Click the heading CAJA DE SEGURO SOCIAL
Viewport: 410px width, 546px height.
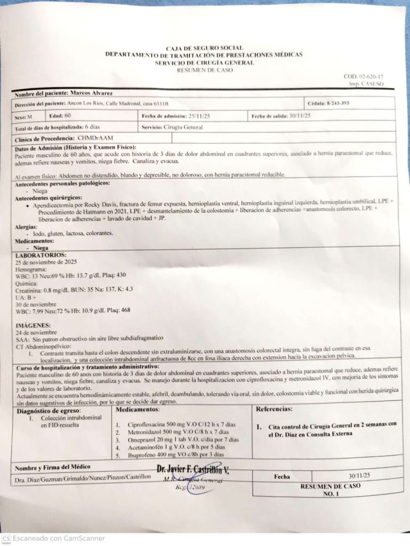tap(205, 48)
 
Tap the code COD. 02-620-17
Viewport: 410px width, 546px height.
tap(363, 77)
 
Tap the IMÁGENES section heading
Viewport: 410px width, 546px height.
tap(33, 325)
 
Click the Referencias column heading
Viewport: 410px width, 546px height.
tap(274, 409)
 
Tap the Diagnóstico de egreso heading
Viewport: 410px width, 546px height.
tap(49, 411)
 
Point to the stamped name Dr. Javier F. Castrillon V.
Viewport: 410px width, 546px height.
tap(193, 470)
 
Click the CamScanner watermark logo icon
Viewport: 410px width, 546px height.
tap(6, 539)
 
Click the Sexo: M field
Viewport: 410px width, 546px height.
tap(23, 116)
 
